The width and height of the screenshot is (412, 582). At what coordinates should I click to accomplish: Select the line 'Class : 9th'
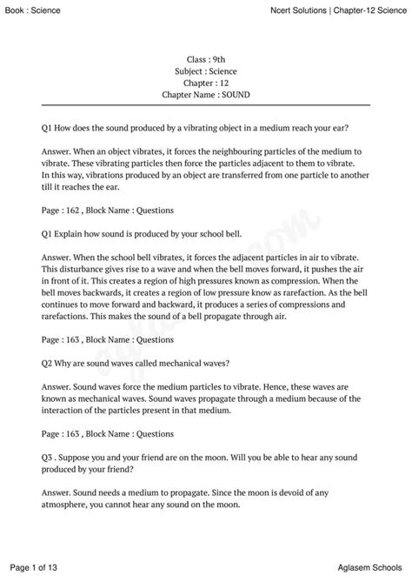205,58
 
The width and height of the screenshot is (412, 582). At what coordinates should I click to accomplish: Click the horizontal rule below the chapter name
206,104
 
